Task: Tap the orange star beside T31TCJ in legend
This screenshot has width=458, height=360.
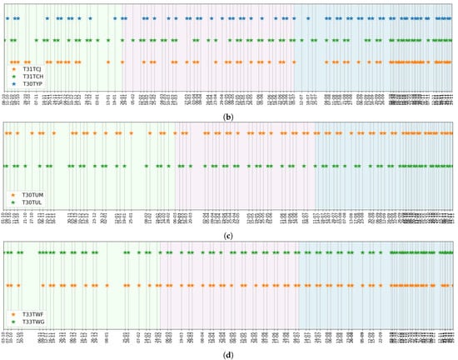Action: (12, 68)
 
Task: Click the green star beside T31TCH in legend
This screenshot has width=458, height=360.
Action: (12, 76)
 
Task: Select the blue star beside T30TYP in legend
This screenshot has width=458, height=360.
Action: (12, 83)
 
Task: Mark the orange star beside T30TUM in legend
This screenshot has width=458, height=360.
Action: (12, 194)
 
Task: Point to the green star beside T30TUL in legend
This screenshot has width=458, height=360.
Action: (12, 202)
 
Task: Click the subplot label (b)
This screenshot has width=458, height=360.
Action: (228, 115)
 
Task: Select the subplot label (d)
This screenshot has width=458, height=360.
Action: (228, 354)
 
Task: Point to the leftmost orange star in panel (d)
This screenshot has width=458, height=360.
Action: (10, 286)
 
